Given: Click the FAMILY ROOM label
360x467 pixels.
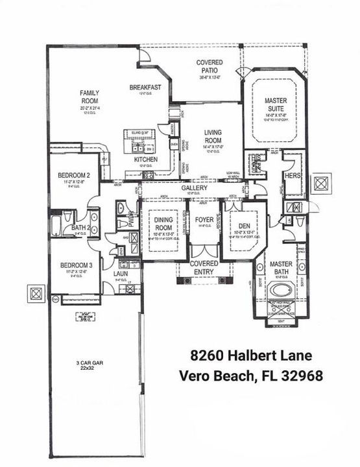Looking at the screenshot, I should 90,97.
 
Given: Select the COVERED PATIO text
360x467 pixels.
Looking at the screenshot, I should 210,67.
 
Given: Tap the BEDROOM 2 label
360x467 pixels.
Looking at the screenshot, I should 73,176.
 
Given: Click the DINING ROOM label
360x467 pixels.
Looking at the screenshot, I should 163,224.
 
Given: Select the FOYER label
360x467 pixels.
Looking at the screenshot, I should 204,220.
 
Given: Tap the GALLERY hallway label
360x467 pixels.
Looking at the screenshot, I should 194,188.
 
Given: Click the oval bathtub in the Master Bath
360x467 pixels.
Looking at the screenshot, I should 283,289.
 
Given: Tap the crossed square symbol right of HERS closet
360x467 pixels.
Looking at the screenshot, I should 322,183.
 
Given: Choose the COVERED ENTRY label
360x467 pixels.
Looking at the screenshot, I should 204,268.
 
